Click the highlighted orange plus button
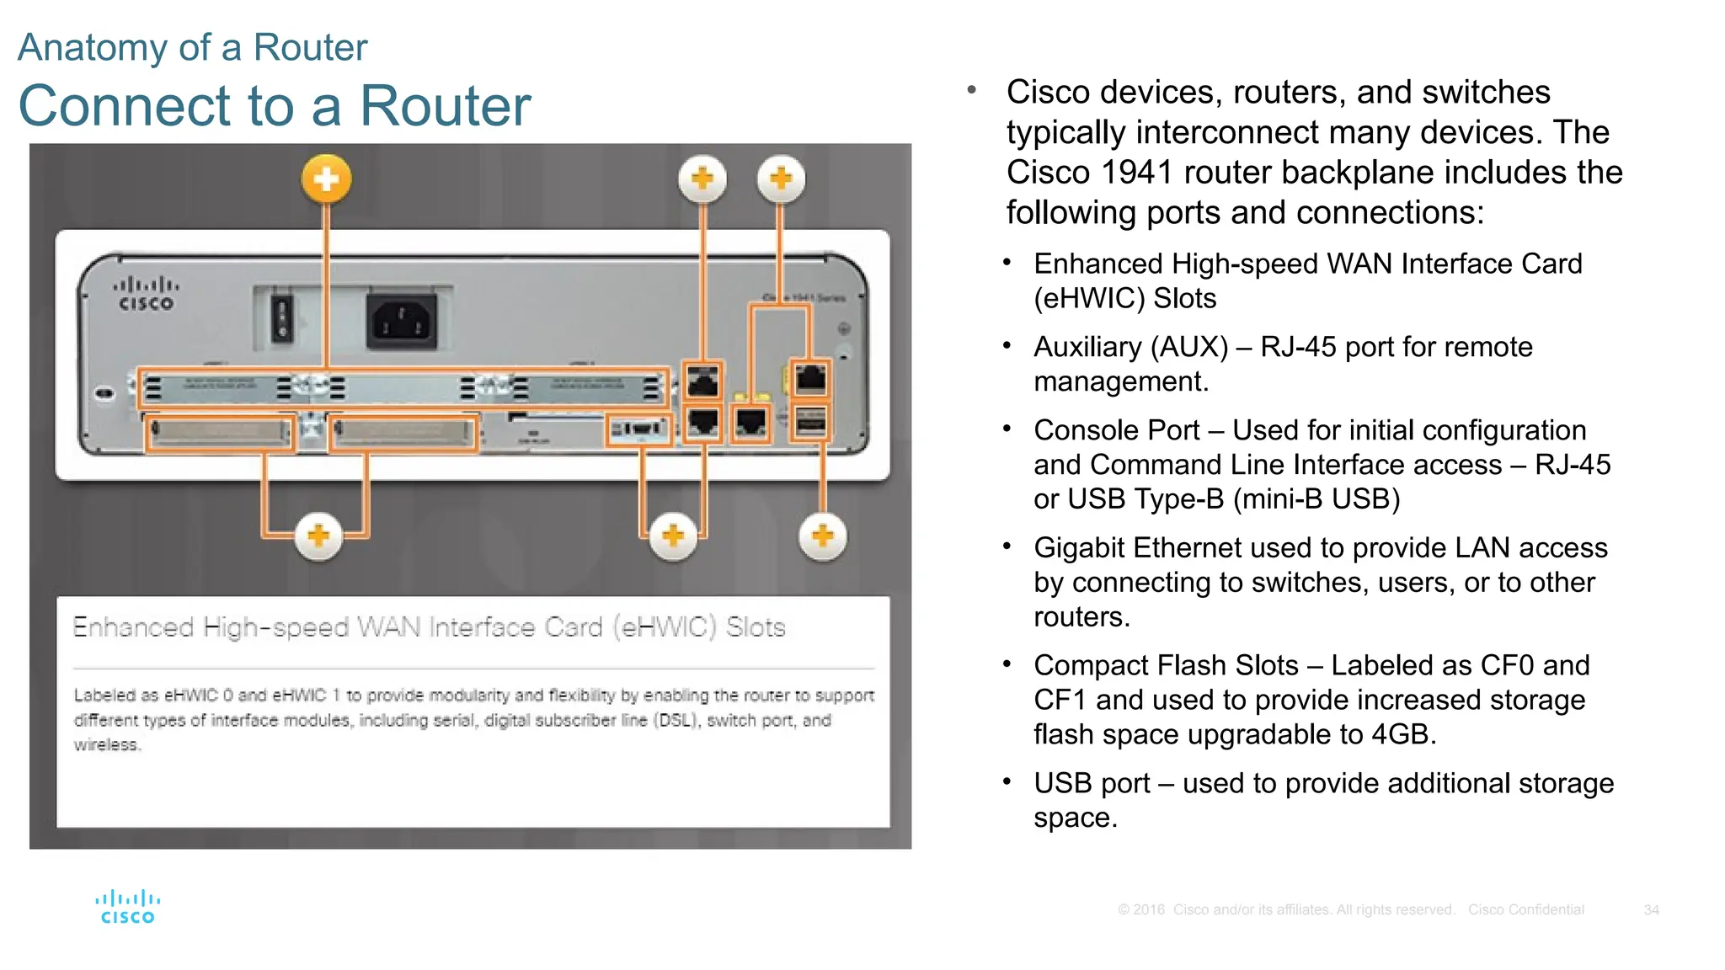coord(327,179)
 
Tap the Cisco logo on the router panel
coord(146,294)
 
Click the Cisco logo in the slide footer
coord(127,907)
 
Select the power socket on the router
coord(402,321)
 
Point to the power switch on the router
coord(282,318)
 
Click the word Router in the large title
coord(446,106)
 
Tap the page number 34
coord(1651,910)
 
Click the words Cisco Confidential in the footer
coord(1525,910)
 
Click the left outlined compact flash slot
coord(220,433)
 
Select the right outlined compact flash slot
coord(403,433)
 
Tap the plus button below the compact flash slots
coord(318,536)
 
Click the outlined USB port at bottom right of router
coord(810,422)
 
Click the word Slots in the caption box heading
coord(756,627)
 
